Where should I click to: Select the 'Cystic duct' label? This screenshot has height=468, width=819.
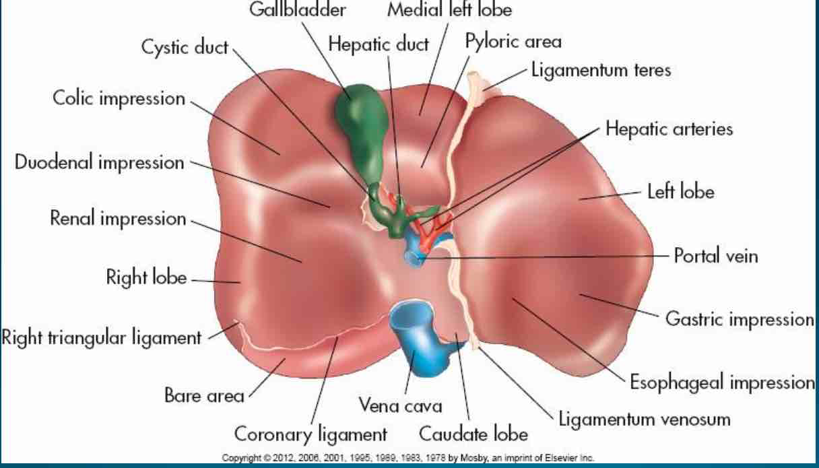pos(185,48)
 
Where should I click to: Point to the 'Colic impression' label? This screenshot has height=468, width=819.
pos(119,98)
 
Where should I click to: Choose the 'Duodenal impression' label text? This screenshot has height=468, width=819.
pos(99,162)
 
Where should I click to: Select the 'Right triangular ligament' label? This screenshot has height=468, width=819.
pos(101,337)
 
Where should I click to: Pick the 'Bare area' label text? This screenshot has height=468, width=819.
pos(204,395)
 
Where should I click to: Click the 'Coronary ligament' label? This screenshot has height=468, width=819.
pos(310,432)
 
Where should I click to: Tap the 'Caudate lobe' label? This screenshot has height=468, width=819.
pos(473,432)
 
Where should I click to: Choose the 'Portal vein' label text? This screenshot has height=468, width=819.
pos(716,257)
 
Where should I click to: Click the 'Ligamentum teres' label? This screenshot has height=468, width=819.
pos(601,70)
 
